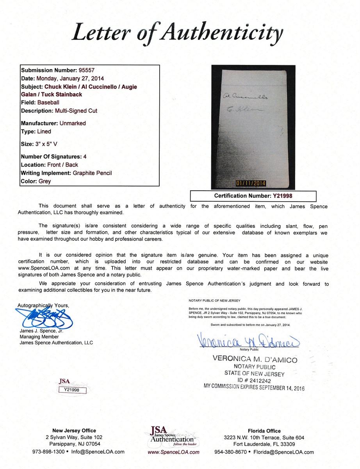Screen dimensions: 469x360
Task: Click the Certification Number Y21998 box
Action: tap(253, 196)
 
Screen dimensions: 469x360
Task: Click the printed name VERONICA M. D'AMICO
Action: tap(254, 359)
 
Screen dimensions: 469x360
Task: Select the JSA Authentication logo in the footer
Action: tap(171, 435)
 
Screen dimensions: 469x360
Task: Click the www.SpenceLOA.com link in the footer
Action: tap(173, 452)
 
